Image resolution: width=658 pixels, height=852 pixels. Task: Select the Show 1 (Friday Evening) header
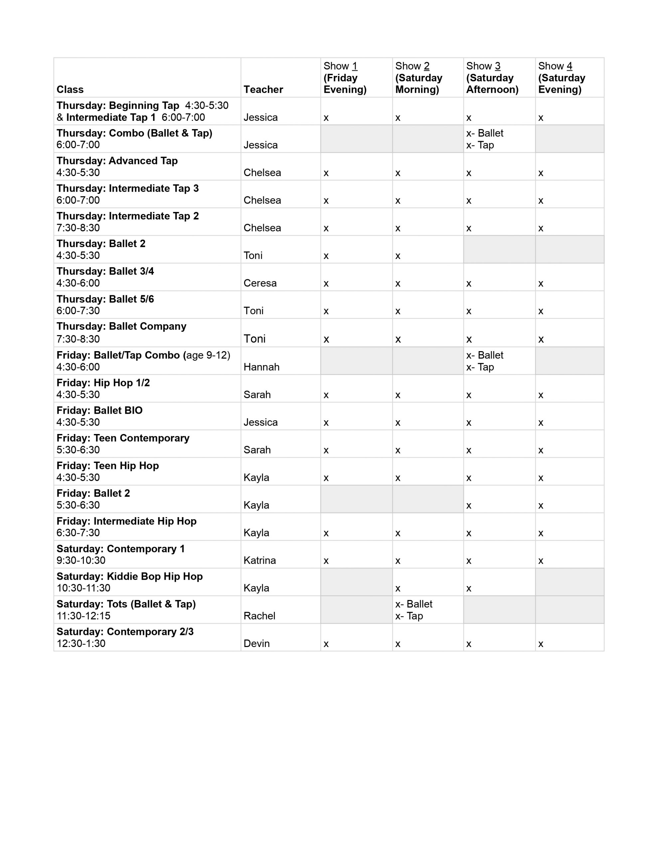click(345, 78)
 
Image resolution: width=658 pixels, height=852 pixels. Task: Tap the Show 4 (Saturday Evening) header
click(561, 78)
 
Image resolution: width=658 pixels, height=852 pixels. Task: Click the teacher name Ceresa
click(260, 283)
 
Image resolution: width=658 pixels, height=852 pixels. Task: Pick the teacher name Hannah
click(261, 367)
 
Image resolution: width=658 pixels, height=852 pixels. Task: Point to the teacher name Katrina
click(260, 560)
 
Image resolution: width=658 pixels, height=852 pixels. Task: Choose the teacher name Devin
click(257, 643)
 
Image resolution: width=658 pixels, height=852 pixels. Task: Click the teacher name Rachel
click(259, 616)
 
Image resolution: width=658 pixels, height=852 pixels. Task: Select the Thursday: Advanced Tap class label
click(117, 161)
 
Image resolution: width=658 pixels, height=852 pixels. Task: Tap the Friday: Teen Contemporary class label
click(123, 438)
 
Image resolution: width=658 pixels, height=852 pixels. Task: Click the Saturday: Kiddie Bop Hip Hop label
click(129, 576)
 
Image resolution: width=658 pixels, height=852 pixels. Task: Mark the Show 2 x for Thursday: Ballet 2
click(398, 256)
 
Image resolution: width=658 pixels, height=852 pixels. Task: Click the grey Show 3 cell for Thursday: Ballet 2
click(499, 249)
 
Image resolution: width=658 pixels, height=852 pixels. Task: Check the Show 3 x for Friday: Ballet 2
click(469, 506)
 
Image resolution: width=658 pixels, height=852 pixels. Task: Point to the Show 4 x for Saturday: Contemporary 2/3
click(541, 644)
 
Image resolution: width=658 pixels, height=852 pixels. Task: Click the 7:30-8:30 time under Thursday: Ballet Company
click(78, 339)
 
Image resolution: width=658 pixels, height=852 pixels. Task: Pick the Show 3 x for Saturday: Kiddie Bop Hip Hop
click(469, 588)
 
